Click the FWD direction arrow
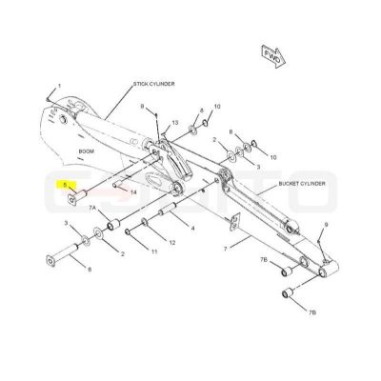tap(273, 56)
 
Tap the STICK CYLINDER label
tap(153, 84)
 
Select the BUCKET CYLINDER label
tap(302, 184)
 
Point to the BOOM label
tap(87, 151)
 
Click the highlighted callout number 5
tap(65, 185)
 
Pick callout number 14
tap(133, 191)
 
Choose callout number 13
tap(175, 123)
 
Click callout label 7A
tap(92, 208)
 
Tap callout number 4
tap(192, 228)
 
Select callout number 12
tap(171, 243)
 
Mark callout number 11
tap(154, 252)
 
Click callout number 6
tap(90, 270)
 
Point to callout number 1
tap(59, 86)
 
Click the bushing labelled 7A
tap(113, 225)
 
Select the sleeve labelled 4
tap(170, 210)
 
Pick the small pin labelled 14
tap(117, 184)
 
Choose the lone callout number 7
tap(226, 249)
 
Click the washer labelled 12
tap(145, 222)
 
